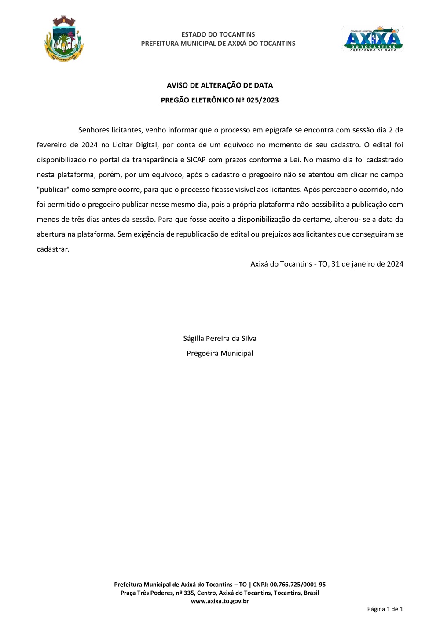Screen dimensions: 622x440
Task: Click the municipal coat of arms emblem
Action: tap(64, 39)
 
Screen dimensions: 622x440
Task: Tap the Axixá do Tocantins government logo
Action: tap(373, 39)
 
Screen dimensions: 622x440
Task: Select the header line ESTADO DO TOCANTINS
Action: tap(218, 34)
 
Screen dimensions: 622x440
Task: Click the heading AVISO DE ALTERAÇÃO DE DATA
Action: tap(220, 85)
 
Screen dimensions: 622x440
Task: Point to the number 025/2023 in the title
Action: tap(263, 100)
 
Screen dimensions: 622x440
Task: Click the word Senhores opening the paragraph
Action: tap(94, 130)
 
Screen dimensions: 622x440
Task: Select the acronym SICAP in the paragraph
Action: tap(197, 160)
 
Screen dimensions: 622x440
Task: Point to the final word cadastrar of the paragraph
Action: tap(53, 249)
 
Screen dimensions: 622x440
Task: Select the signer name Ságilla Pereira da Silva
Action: tap(220, 338)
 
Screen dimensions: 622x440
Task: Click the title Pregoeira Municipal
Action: tap(220, 353)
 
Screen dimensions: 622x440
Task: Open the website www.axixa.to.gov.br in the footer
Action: tap(220, 601)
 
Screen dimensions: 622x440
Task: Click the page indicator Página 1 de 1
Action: tap(385, 609)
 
